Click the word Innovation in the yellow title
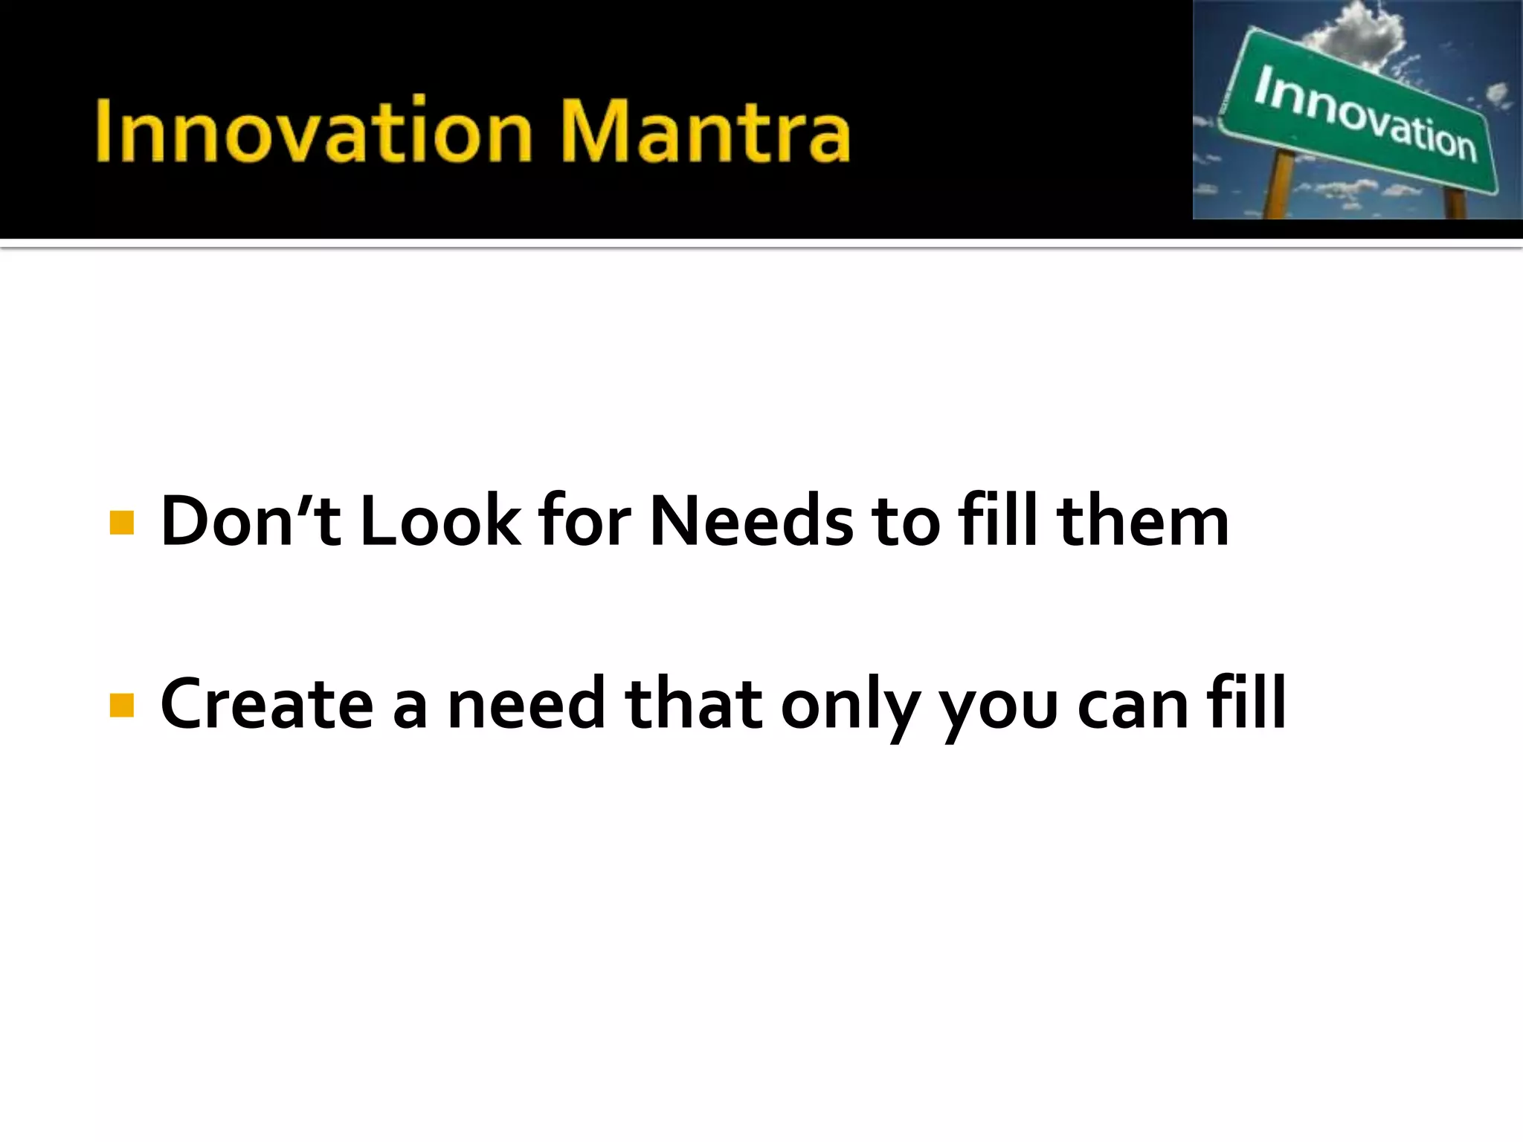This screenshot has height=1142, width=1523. tap(312, 132)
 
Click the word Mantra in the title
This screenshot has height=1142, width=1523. tap(705, 132)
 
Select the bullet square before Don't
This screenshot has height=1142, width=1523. tap(121, 523)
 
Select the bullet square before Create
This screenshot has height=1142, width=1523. tap(121, 705)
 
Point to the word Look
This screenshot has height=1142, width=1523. tap(440, 521)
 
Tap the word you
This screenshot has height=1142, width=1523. tap(997, 710)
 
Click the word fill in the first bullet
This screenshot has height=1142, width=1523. tap(997, 520)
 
